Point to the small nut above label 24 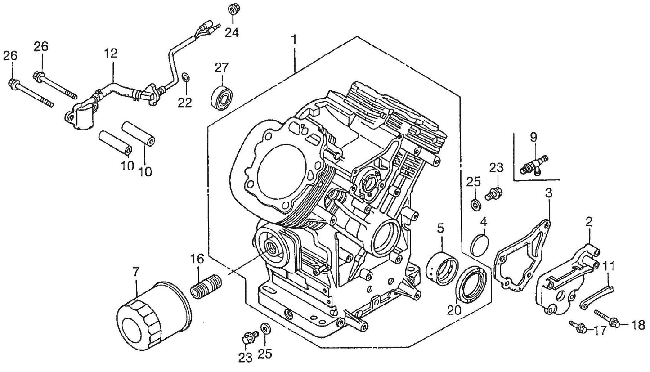(x=233, y=9)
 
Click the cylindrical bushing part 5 (x=442, y=269)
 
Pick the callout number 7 (x=136, y=272)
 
